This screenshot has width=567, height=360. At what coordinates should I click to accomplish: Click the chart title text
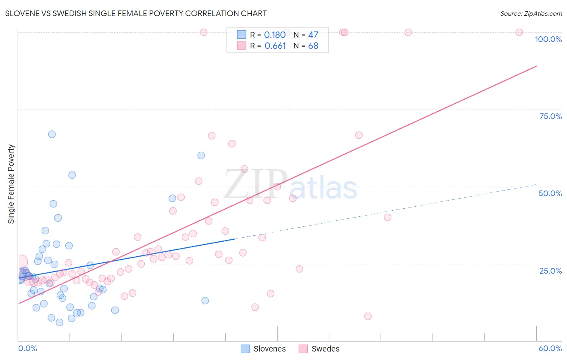136,13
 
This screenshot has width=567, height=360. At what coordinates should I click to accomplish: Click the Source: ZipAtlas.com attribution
531,13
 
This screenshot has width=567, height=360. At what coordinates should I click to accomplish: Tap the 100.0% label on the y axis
548,39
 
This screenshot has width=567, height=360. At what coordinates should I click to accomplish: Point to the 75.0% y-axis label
550,116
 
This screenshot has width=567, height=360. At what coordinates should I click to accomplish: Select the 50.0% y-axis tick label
550,193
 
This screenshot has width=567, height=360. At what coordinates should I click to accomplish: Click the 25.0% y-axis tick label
550,270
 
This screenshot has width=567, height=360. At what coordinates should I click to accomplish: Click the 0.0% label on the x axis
27,348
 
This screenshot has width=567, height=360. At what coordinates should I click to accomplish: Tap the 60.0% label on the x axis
550,348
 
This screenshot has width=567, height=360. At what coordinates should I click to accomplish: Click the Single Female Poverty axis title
11,184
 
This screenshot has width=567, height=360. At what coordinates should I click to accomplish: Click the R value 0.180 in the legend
275,35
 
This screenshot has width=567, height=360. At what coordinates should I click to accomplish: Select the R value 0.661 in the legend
275,46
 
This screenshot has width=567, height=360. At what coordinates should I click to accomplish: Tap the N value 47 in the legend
313,35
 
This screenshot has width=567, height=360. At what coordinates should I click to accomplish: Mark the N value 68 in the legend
313,46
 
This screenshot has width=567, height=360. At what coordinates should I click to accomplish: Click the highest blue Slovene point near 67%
52,134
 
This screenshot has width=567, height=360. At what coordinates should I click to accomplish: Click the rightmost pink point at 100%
519,32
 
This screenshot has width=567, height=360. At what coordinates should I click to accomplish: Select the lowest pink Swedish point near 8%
368,316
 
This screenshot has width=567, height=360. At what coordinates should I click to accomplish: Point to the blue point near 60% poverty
201,155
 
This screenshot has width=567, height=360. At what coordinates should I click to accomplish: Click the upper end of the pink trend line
536,66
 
